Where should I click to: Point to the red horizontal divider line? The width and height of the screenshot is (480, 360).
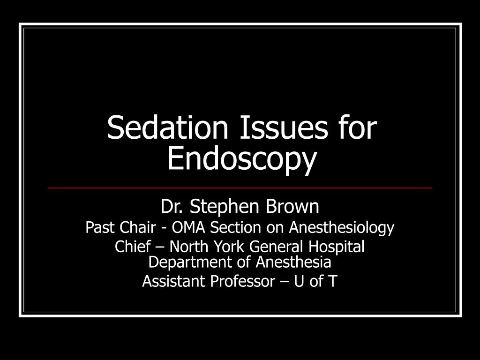click(240, 187)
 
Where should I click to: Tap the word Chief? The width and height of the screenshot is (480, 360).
click(132, 247)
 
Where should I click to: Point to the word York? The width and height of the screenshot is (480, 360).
click(229, 247)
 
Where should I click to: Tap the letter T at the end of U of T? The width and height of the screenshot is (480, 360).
click(332, 281)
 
